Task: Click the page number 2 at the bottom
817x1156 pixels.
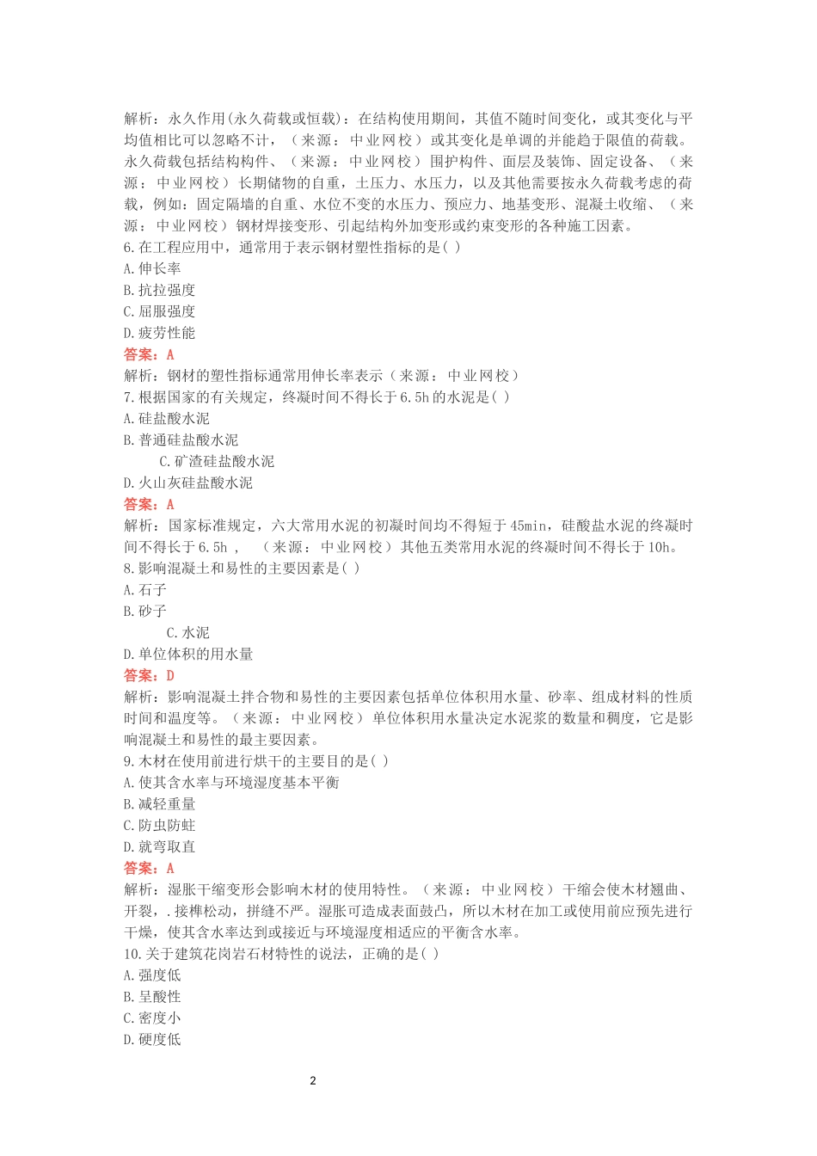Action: pyautogui.click(x=313, y=1080)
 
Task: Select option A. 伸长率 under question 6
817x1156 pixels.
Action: pyautogui.click(x=152, y=268)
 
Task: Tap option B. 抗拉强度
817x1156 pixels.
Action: pyautogui.click(x=159, y=290)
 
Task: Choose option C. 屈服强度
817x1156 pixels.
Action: pyautogui.click(x=159, y=311)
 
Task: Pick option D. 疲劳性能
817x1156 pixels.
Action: pyautogui.click(x=159, y=333)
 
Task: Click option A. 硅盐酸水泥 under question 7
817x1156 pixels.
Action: pyautogui.click(x=167, y=418)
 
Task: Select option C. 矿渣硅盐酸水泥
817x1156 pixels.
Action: pyautogui.click(x=217, y=461)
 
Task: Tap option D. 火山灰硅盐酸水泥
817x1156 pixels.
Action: pyautogui.click(x=188, y=483)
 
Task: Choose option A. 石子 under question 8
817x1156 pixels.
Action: pyautogui.click(x=145, y=589)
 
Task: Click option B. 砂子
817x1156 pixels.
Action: pyautogui.click(x=145, y=611)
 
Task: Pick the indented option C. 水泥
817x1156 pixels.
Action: pyautogui.click(x=187, y=632)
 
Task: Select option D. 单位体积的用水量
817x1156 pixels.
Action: pyautogui.click(x=188, y=654)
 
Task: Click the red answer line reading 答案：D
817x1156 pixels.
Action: pyautogui.click(x=149, y=675)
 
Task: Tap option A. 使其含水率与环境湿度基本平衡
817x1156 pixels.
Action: pyautogui.click(x=231, y=782)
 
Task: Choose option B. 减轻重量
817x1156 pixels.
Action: pyautogui.click(x=159, y=803)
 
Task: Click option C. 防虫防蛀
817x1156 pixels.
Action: pyautogui.click(x=159, y=825)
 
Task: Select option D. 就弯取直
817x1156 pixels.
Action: pyautogui.click(x=159, y=846)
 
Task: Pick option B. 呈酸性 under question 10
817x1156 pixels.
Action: pyautogui.click(x=152, y=996)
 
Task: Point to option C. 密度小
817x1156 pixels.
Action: pyautogui.click(x=152, y=1018)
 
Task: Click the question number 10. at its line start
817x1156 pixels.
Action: pyautogui.click(x=132, y=953)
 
